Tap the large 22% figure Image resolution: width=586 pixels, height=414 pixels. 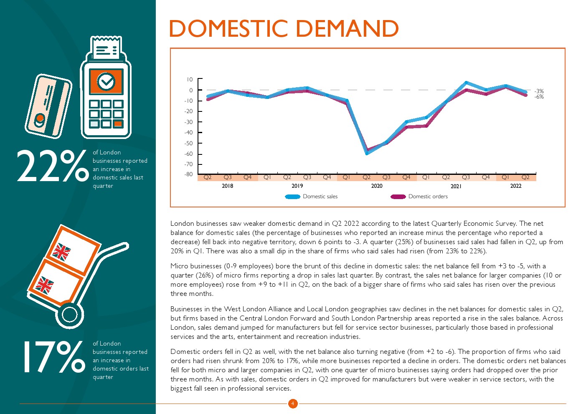(x=52, y=166)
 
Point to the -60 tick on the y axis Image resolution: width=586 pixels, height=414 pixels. (x=189, y=154)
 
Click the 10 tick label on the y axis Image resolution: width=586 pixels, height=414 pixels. (x=190, y=79)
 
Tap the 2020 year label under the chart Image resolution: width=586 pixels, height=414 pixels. (x=376, y=186)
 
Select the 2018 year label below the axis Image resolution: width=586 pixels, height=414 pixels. (x=227, y=186)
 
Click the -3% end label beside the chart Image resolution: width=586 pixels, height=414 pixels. (x=539, y=91)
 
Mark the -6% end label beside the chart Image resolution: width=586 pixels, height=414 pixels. (x=539, y=97)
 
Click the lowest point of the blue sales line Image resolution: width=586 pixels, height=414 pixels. (x=367, y=153)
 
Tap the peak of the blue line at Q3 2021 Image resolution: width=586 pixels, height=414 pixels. (x=466, y=83)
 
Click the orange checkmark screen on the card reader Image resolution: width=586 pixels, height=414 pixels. (x=106, y=81)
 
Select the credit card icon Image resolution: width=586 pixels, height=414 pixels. (x=48, y=106)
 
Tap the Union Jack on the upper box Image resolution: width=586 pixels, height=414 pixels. (x=61, y=252)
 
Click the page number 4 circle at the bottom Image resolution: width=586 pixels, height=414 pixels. (x=293, y=404)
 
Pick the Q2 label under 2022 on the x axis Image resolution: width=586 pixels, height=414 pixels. (x=525, y=177)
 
